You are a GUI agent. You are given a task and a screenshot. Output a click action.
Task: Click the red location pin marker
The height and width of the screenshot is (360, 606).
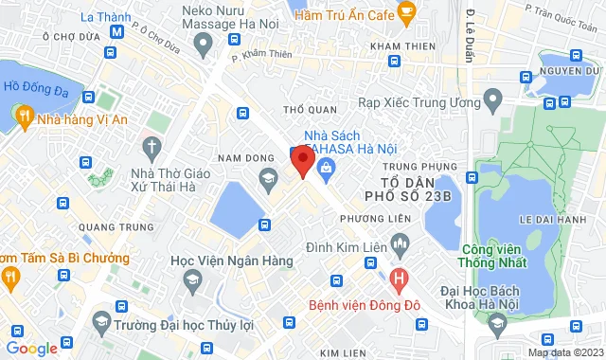coord(303,160)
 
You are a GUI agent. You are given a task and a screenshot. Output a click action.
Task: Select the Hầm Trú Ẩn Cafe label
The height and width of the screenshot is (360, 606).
coord(342,16)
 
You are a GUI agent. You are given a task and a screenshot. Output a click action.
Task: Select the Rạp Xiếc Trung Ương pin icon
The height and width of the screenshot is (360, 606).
coord(492,99)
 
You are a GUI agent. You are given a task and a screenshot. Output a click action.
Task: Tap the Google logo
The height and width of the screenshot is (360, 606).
coord(30,349)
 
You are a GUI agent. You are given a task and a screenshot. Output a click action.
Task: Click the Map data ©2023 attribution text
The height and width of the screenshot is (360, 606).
coord(564,352)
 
